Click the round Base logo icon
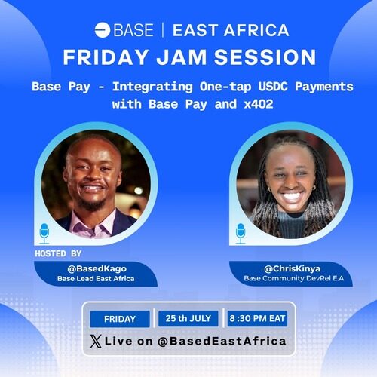tap(103, 30)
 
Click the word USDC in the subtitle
tap(273, 87)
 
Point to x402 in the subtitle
tap(259, 104)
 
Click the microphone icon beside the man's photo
tap(44, 234)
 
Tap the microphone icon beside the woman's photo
tap(241, 234)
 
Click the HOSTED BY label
tap(58, 253)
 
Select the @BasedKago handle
tap(97, 268)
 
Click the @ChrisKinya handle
tap(292, 268)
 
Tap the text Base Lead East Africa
tap(96, 279)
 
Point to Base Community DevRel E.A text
tap(293, 278)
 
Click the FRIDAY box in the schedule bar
tap(120, 319)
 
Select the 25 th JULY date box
tap(188, 318)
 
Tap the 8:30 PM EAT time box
tap(257, 318)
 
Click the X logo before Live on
tap(96, 341)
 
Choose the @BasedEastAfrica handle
tap(222, 341)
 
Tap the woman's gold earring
tap(314, 188)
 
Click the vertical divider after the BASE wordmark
tap(163, 30)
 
